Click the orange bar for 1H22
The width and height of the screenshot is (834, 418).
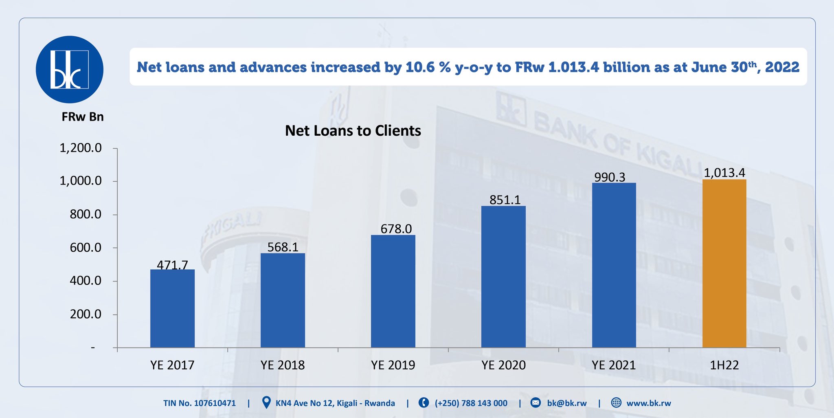pyautogui.click(x=724, y=264)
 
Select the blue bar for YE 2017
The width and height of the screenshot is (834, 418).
pyautogui.click(x=172, y=308)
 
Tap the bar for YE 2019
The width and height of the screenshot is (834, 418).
pyautogui.click(x=393, y=291)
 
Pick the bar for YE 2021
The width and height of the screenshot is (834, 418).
pyautogui.click(x=614, y=265)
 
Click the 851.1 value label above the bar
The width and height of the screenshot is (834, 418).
pyautogui.click(x=505, y=200)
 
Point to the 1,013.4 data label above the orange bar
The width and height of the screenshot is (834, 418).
pyautogui.click(x=724, y=173)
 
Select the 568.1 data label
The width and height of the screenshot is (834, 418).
pyautogui.click(x=283, y=247)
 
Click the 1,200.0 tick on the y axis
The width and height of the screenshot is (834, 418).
pyautogui.click(x=81, y=148)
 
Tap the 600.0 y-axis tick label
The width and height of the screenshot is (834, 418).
pyautogui.click(x=86, y=248)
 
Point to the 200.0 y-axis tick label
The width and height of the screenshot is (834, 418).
pyautogui.click(x=86, y=314)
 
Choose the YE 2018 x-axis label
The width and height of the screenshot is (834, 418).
pyautogui.click(x=283, y=365)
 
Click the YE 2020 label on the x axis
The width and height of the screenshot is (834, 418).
pyautogui.click(x=503, y=365)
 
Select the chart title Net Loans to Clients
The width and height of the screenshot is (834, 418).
pyautogui.click(x=353, y=131)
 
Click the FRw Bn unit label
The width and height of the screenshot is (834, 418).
pyautogui.click(x=83, y=117)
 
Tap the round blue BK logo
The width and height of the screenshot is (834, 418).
pyautogui.click(x=70, y=69)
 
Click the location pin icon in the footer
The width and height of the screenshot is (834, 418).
pyautogui.click(x=266, y=403)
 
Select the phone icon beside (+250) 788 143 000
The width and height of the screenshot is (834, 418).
pyautogui.click(x=424, y=403)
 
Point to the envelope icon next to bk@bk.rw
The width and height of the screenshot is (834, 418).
pyautogui.click(x=536, y=403)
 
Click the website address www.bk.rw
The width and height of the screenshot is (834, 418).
pyautogui.click(x=648, y=403)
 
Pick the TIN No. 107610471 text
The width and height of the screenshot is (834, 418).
pyautogui.click(x=200, y=403)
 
